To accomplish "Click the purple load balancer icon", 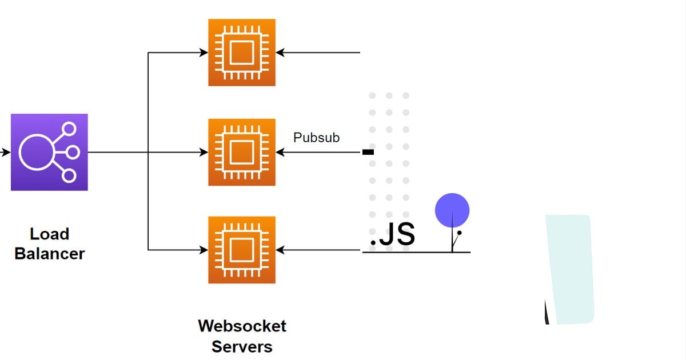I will click(49, 152).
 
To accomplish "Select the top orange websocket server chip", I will click(241, 53).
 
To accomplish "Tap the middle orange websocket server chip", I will click(241, 152).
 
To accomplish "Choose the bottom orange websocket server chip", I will click(241, 250).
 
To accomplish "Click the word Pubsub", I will click(316, 138).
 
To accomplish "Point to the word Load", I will click(49, 234).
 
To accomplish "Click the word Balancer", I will click(49, 254).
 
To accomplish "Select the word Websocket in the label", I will click(242, 326).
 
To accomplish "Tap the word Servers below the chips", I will click(242, 346).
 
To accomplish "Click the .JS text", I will click(392, 235).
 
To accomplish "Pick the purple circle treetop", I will click(452, 210).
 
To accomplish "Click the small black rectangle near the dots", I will click(368, 152).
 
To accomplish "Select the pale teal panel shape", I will click(569, 269).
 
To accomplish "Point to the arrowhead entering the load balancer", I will click(7, 153).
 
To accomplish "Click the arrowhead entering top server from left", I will click(204, 53).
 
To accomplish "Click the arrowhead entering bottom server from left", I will click(204, 250).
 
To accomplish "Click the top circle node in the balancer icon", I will click(69, 130).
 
